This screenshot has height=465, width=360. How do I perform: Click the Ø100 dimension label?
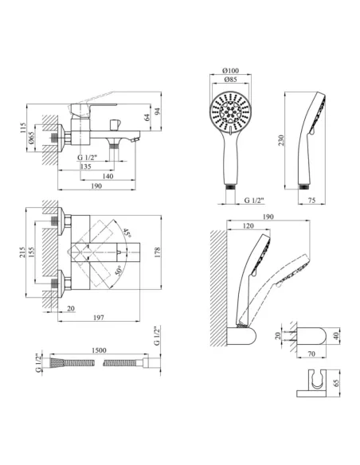click(x=230, y=71)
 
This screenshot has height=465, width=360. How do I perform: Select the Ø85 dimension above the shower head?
click(x=230, y=79)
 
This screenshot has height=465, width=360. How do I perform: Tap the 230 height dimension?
click(x=281, y=140)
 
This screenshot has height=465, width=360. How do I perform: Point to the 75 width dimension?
click(x=311, y=201)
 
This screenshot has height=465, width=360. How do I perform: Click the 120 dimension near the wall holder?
click(x=248, y=226)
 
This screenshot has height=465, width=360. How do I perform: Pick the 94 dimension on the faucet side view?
click(x=158, y=111)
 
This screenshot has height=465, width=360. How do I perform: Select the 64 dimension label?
click(x=147, y=117)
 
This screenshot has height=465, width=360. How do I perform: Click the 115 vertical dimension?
click(x=23, y=128)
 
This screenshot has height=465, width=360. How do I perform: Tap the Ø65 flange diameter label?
click(x=31, y=138)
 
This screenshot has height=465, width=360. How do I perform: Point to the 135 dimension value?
click(x=86, y=166)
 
